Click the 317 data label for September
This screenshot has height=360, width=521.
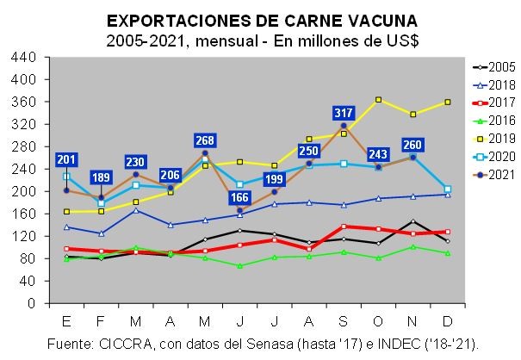[343, 114]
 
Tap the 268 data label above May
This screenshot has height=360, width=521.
[204, 141]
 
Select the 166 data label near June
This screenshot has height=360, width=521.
[239, 198]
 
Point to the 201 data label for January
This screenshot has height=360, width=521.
[67, 159]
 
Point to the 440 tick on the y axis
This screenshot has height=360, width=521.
[26, 57]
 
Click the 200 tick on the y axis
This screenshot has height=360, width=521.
[26, 191]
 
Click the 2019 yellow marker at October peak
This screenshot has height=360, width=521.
[378, 100]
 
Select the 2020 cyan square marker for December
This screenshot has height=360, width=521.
[447, 189]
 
